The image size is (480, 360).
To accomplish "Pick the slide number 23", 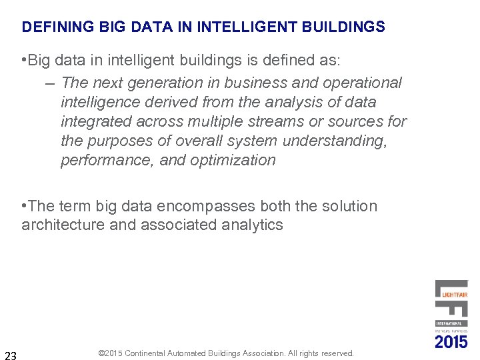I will (x=11, y=354).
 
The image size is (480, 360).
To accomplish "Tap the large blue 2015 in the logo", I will (x=451, y=341).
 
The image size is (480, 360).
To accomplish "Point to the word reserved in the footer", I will (x=337, y=353).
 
